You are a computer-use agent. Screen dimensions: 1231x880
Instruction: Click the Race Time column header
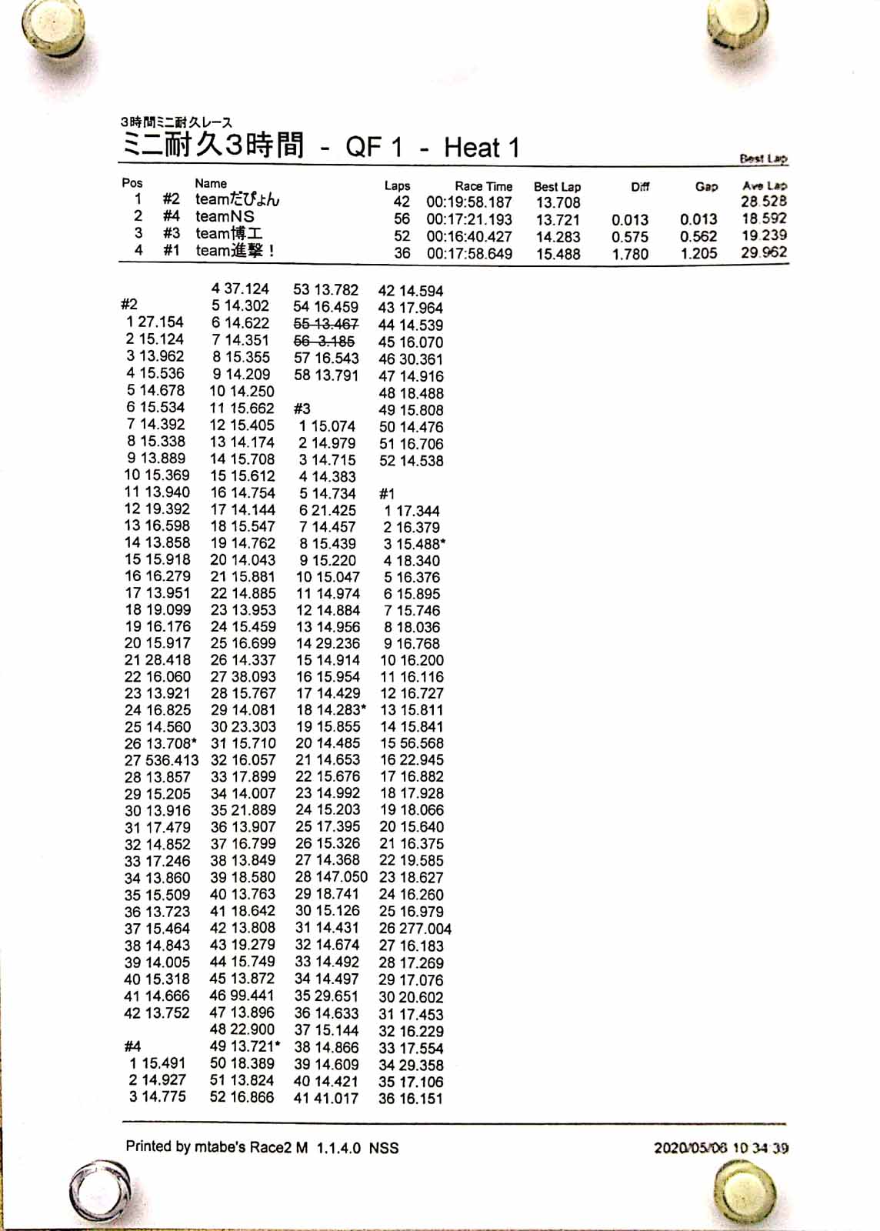pos(483,185)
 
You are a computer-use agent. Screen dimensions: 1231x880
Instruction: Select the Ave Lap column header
pos(764,185)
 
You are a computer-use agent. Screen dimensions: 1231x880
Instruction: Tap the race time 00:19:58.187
pos(469,202)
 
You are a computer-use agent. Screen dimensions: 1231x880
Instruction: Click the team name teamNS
pos(225,217)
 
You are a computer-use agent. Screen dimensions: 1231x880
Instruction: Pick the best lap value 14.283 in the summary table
pos(558,237)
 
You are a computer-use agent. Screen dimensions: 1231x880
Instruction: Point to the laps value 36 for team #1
pos(402,253)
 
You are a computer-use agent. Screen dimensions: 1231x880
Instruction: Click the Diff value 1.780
pos(630,254)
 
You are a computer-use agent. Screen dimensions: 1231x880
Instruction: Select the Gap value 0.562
pos(698,236)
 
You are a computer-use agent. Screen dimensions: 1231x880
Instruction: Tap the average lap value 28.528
pos(763,202)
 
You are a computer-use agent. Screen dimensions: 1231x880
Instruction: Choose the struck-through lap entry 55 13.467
pos(325,324)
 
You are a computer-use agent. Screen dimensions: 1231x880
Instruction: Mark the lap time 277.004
pos(425,929)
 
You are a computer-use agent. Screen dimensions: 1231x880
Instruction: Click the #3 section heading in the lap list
pos(302,409)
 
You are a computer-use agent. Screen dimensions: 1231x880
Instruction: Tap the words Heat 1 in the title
pos(481,147)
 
